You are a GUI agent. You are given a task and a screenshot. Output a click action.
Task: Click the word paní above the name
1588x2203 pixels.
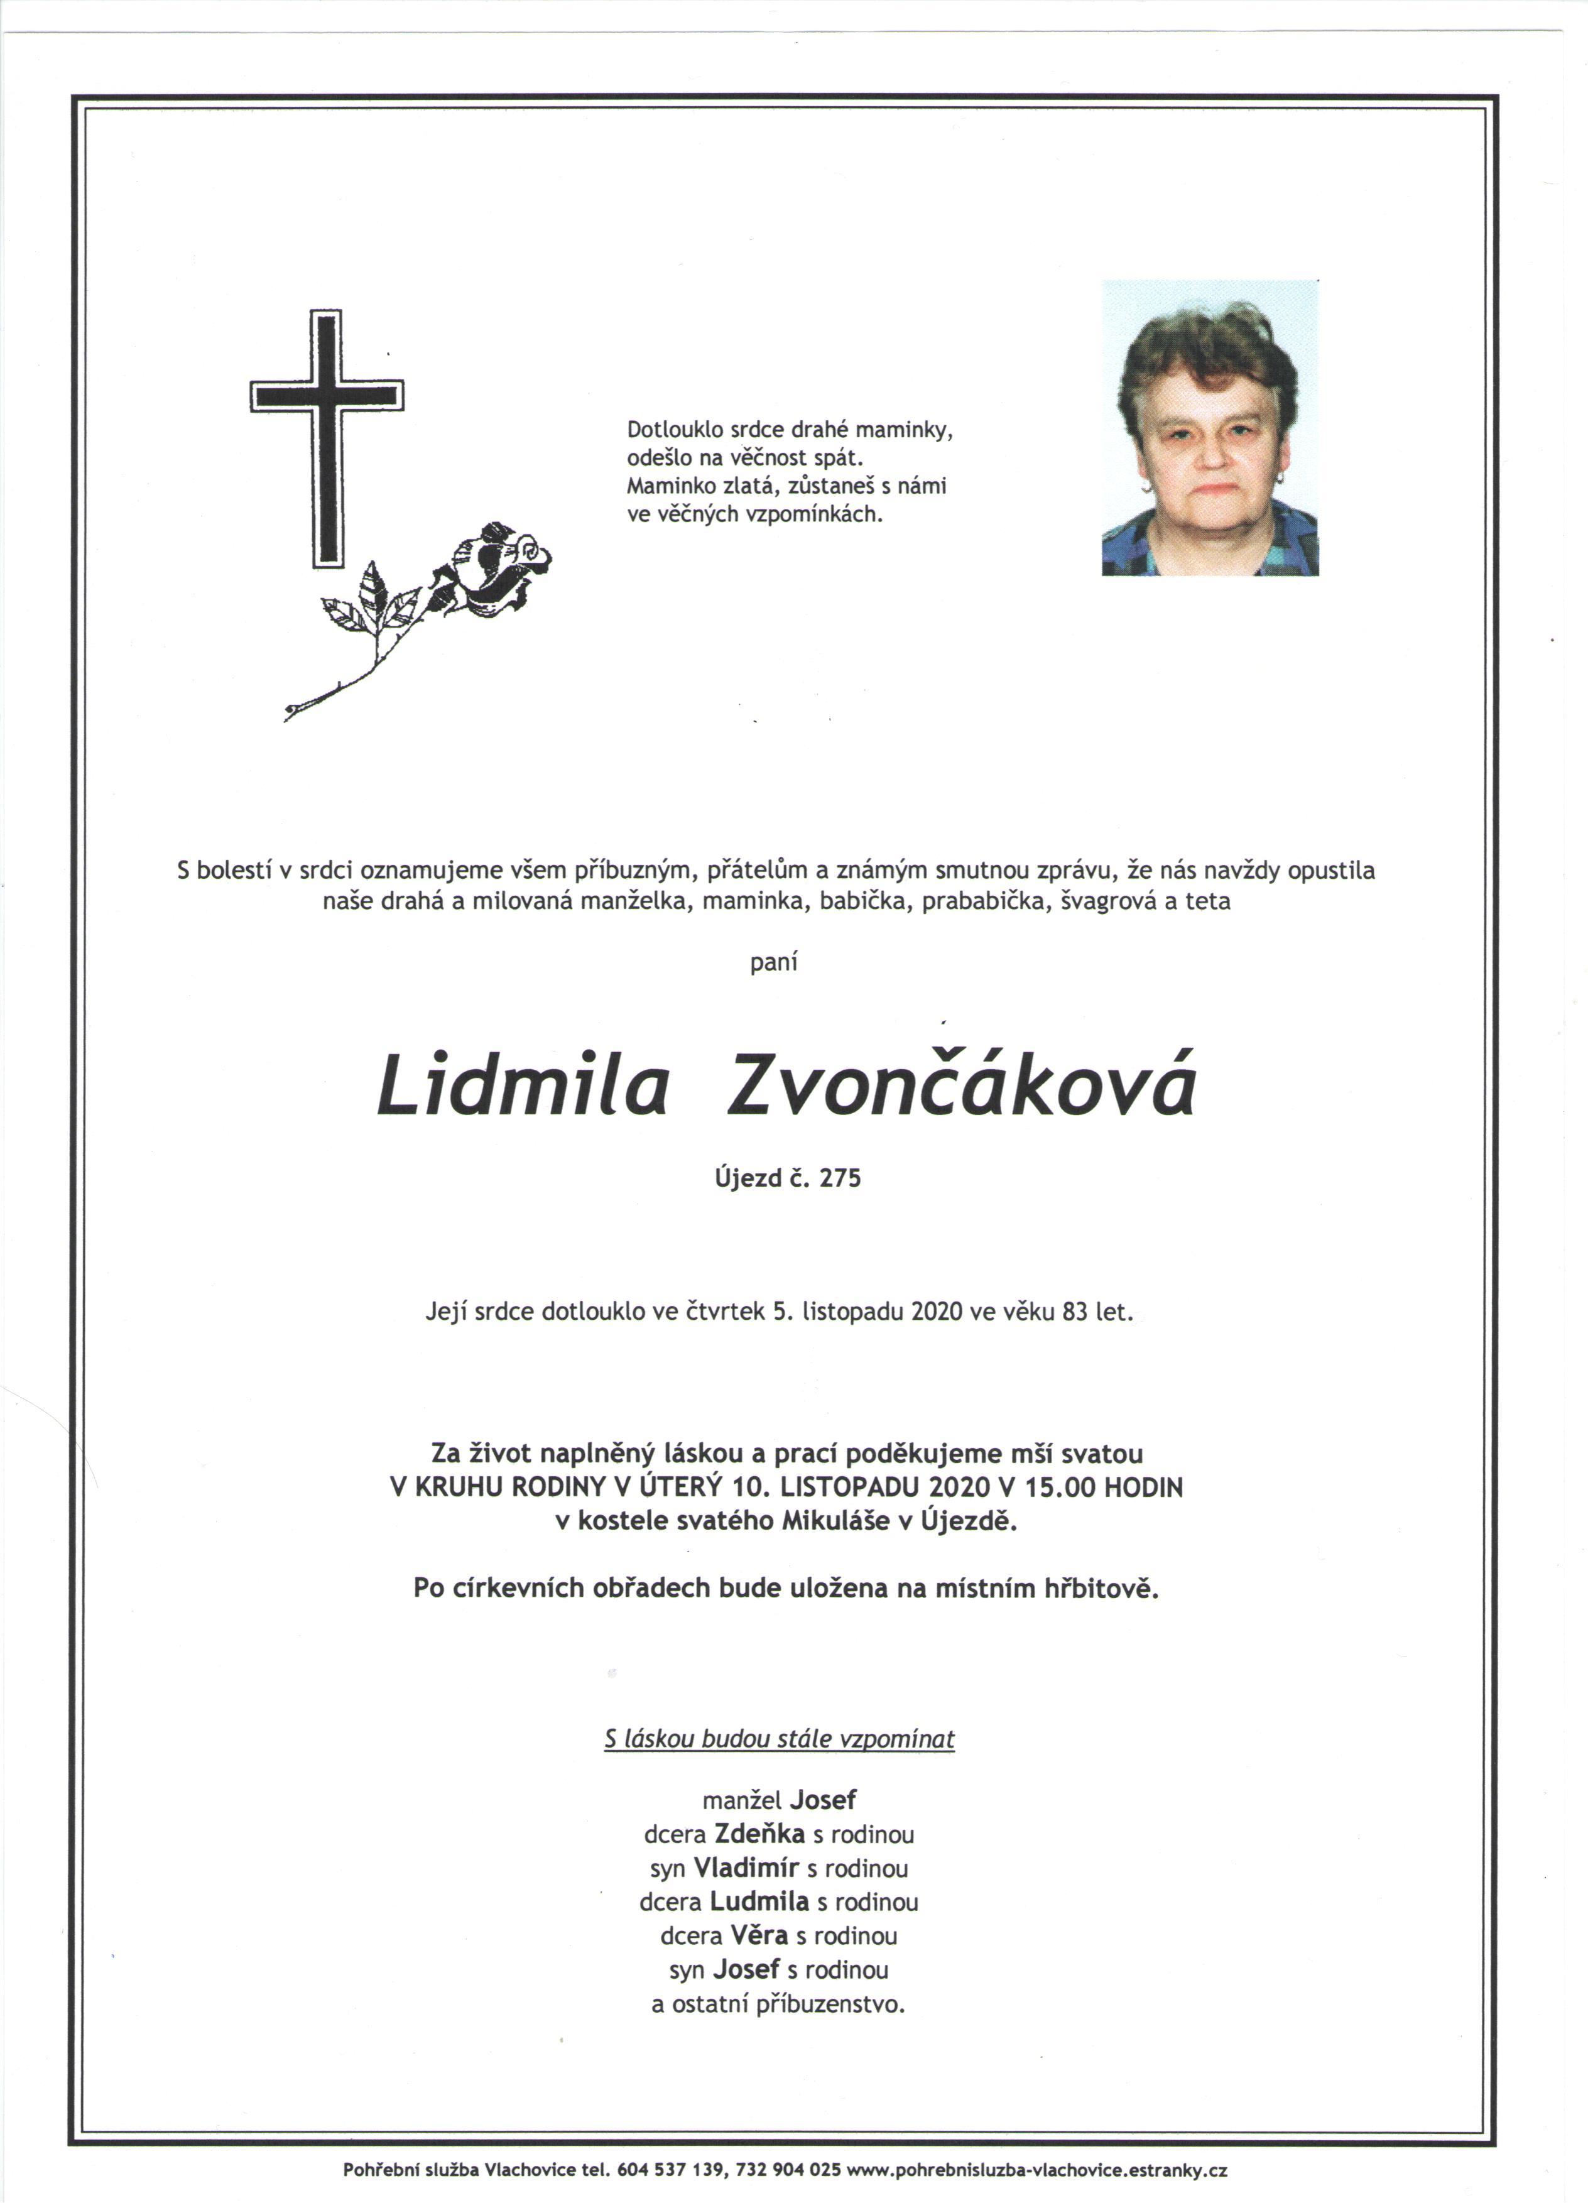774,962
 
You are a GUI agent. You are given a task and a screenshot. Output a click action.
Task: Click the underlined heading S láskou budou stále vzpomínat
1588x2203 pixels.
779,1739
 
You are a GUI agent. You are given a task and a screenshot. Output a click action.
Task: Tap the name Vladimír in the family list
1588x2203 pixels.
746,1867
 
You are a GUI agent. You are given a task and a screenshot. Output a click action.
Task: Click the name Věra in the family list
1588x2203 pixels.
759,1935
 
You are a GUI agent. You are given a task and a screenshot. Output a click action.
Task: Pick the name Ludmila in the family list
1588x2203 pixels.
759,1901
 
